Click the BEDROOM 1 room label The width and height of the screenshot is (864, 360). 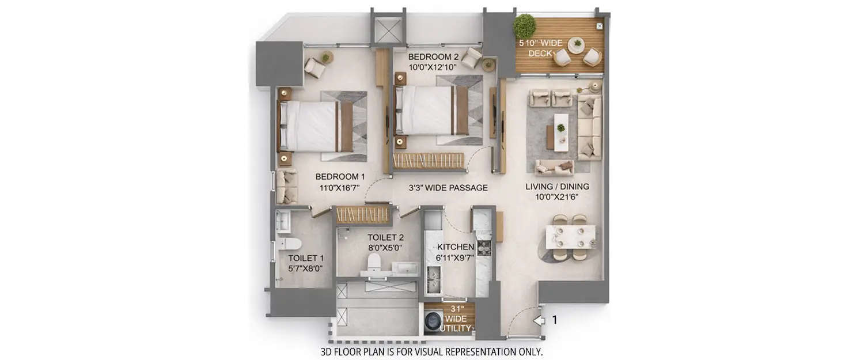(x=340, y=176)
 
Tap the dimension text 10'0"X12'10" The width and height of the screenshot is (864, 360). (x=432, y=67)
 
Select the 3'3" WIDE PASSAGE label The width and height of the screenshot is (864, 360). (x=448, y=188)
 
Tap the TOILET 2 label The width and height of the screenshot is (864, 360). (x=385, y=237)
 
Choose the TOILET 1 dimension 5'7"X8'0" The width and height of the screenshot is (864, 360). (x=305, y=268)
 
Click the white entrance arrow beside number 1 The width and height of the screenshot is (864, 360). (x=538, y=321)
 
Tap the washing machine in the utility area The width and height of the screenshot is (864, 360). (x=433, y=321)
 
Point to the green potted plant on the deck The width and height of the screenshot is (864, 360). (x=524, y=26)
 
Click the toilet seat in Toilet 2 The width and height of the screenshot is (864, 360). (x=374, y=263)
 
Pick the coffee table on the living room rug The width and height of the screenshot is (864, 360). (x=560, y=132)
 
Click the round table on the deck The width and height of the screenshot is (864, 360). (x=576, y=44)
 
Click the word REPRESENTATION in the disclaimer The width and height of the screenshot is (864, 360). (x=471, y=351)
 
